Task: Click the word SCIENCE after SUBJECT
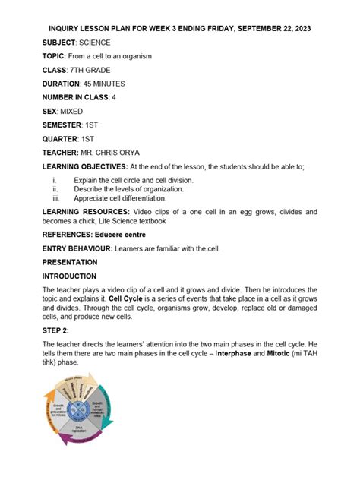pyautogui.click(x=93, y=43)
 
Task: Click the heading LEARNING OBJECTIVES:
pyautogui.click(x=84, y=166)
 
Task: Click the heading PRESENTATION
pyautogui.click(x=69, y=262)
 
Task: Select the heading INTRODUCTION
pyautogui.click(x=69, y=276)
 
